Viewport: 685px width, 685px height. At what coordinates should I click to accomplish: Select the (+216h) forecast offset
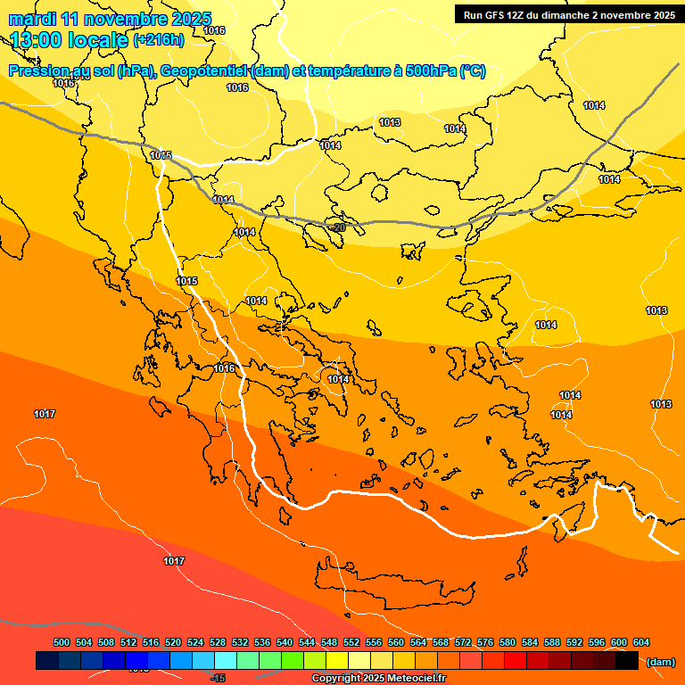click(x=158, y=40)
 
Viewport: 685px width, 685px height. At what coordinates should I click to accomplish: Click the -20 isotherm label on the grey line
click(x=338, y=227)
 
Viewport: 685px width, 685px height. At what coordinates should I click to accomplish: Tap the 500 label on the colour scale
click(x=62, y=642)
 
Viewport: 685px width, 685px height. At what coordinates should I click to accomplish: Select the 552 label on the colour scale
click(x=351, y=642)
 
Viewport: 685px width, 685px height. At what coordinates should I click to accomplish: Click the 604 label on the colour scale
click(x=641, y=642)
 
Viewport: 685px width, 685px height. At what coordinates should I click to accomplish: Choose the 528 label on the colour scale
click(x=218, y=642)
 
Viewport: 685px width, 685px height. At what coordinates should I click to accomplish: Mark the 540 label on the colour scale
click(x=285, y=642)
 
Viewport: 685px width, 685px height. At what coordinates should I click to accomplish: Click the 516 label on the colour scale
click(x=151, y=642)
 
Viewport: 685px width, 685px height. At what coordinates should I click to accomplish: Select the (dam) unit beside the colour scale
click(x=660, y=661)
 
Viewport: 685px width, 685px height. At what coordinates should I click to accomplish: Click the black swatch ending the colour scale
click(x=627, y=661)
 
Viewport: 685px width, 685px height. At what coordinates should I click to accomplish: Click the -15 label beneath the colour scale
click(x=217, y=679)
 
